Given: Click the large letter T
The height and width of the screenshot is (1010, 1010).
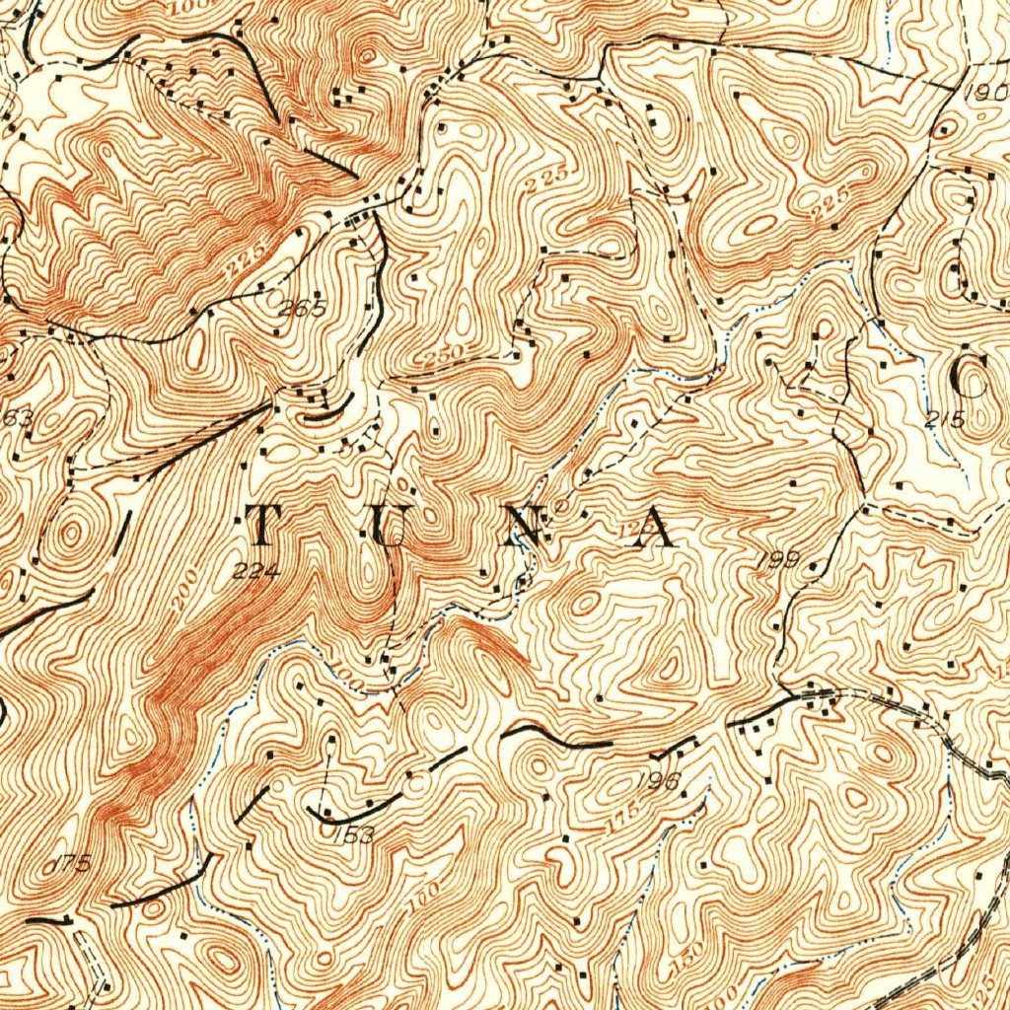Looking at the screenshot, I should coord(263,524).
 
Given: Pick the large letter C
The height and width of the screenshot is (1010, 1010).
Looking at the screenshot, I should coord(970,375).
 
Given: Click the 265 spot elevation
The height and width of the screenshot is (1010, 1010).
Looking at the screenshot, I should coord(301,308).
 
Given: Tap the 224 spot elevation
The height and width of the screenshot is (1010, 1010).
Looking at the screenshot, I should coord(257,570).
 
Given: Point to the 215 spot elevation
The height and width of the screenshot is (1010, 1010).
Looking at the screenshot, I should coord(945,418).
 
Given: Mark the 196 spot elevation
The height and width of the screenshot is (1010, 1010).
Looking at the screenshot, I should coord(659,782).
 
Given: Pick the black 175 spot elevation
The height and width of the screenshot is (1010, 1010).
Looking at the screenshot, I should coord(69,864).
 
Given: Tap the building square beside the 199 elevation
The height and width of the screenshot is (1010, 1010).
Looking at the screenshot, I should coord(815,565).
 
